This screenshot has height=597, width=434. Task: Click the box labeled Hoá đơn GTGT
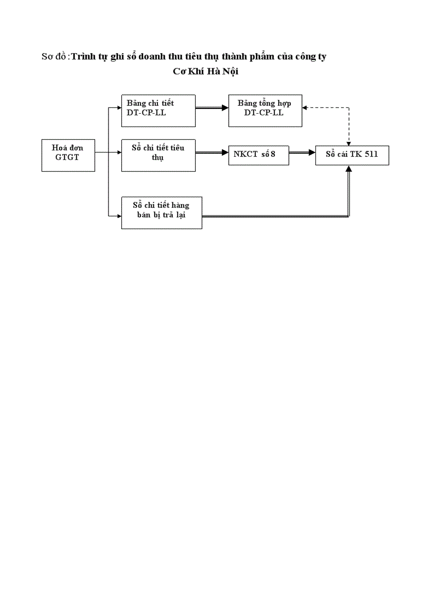click(x=68, y=155)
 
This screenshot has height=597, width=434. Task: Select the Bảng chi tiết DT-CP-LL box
click(x=158, y=111)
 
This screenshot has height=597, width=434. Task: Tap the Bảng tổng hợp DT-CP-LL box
click(x=265, y=111)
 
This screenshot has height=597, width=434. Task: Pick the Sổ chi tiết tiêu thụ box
click(x=158, y=155)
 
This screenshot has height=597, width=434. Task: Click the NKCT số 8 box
click(x=259, y=155)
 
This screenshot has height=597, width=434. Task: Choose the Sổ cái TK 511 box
click(x=352, y=155)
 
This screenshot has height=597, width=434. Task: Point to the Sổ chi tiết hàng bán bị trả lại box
click(x=162, y=213)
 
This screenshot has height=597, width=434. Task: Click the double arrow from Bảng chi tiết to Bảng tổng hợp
click(x=212, y=108)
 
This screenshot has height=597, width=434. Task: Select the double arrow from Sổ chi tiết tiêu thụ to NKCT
click(x=212, y=153)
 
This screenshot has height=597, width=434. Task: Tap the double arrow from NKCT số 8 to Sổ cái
click(x=302, y=153)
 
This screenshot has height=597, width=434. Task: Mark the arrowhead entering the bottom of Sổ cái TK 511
click(x=349, y=169)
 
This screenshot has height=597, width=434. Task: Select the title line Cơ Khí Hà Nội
click(x=206, y=72)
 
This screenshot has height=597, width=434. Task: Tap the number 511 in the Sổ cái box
click(x=370, y=155)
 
